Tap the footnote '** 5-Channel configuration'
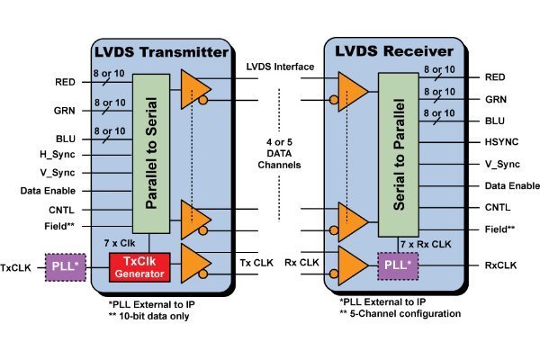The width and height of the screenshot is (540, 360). pyautogui.click(x=400, y=314)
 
